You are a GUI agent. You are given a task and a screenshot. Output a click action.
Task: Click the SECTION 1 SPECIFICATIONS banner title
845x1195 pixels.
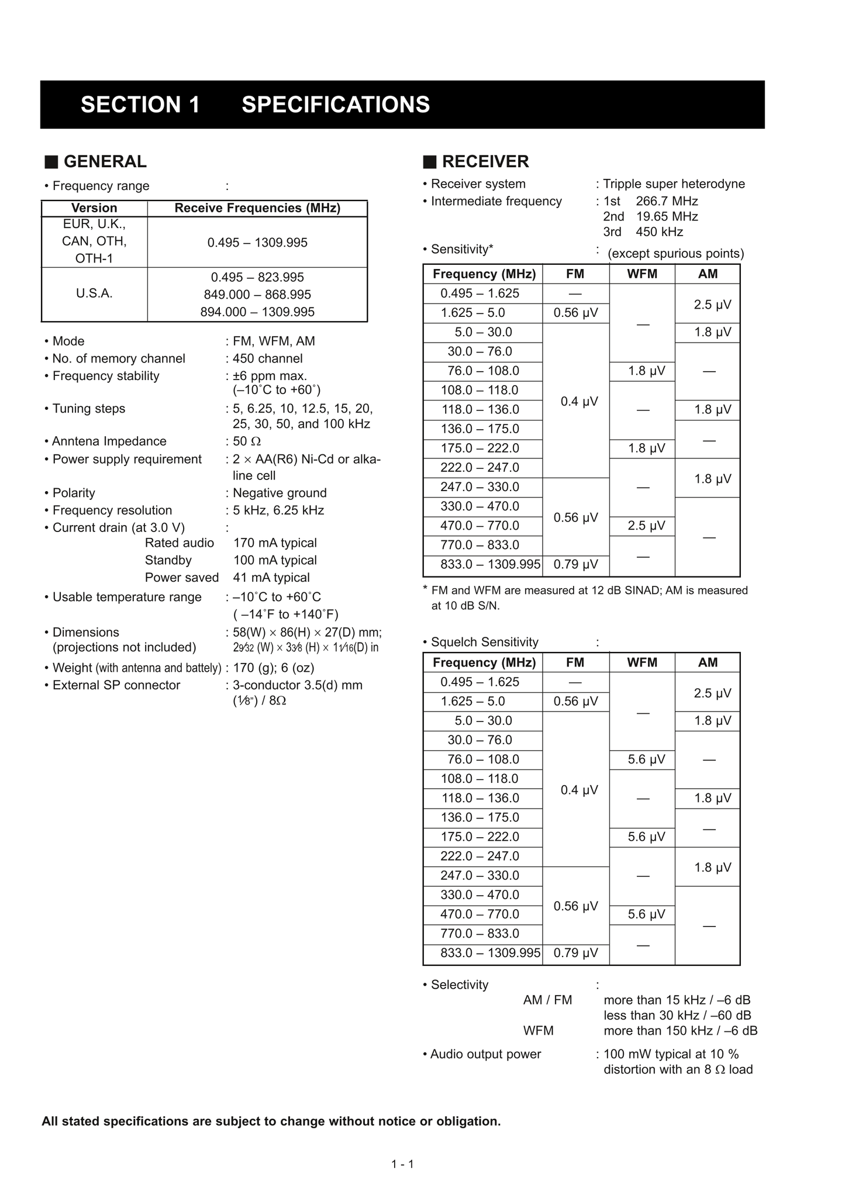point(255,105)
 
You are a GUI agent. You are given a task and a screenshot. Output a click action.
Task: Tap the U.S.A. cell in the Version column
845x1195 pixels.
point(94,293)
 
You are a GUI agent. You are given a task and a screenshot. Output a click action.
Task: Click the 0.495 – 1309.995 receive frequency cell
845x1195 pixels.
point(257,243)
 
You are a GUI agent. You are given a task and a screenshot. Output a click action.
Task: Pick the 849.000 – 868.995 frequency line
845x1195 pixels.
point(257,295)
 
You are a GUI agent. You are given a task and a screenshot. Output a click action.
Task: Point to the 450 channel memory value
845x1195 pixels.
point(267,358)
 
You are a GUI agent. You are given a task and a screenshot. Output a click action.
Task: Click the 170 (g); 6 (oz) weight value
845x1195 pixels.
point(273,668)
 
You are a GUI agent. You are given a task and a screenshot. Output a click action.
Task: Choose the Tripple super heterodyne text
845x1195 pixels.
point(674,184)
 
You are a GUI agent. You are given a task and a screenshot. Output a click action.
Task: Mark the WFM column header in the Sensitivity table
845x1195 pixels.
point(641,274)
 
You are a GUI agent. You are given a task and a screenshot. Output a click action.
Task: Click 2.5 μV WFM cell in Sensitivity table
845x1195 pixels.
point(646,526)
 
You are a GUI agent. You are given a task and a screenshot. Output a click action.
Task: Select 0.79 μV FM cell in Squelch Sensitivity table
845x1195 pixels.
point(575,953)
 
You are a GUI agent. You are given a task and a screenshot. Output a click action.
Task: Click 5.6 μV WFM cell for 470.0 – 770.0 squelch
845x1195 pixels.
point(646,914)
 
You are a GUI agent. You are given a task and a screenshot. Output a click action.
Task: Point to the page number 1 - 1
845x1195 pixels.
point(402,1164)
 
